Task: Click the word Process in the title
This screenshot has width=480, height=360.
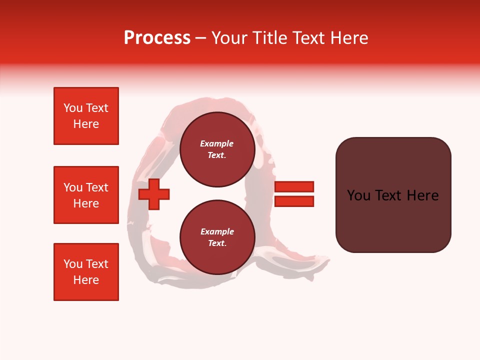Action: (x=157, y=38)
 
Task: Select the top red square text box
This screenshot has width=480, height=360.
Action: (x=86, y=116)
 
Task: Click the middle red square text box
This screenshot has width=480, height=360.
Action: (x=86, y=195)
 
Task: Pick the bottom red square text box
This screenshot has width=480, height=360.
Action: (x=86, y=272)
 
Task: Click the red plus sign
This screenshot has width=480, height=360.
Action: (x=154, y=194)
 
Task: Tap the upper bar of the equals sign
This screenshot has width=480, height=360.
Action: (x=294, y=186)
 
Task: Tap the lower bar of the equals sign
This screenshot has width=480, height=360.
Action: (x=294, y=201)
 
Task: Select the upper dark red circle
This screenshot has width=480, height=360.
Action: (x=217, y=149)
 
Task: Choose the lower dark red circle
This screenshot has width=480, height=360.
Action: (x=217, y=237)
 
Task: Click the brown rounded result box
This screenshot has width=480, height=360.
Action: (x=393, y=195)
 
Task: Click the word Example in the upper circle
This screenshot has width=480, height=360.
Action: (x=217, y=143)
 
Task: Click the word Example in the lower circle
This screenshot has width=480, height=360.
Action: (x=217, y=231)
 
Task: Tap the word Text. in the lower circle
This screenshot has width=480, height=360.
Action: (x=217, y=243)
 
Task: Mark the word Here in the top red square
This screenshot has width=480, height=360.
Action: (x=86, y=124)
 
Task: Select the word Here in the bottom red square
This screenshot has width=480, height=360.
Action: (x=86, y=280)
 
